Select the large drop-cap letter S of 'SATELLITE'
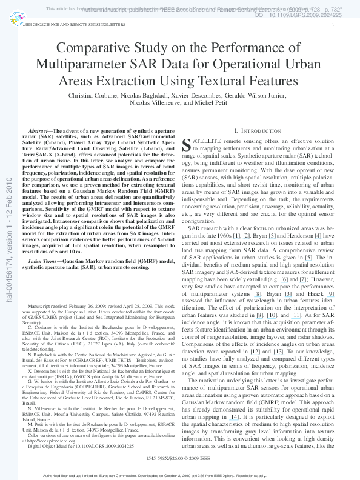pos(187,144)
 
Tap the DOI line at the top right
pos(307,15)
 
